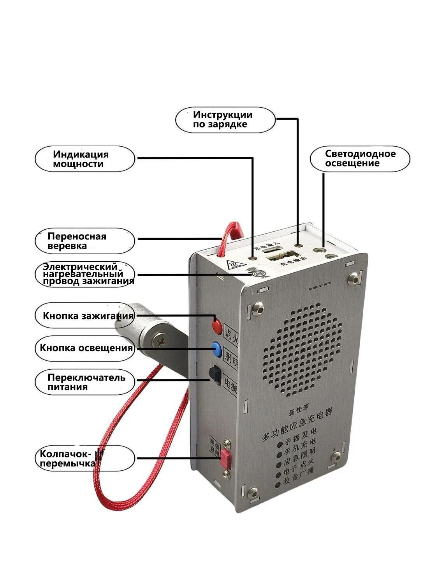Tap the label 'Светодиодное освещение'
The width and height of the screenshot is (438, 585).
point(360,158)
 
